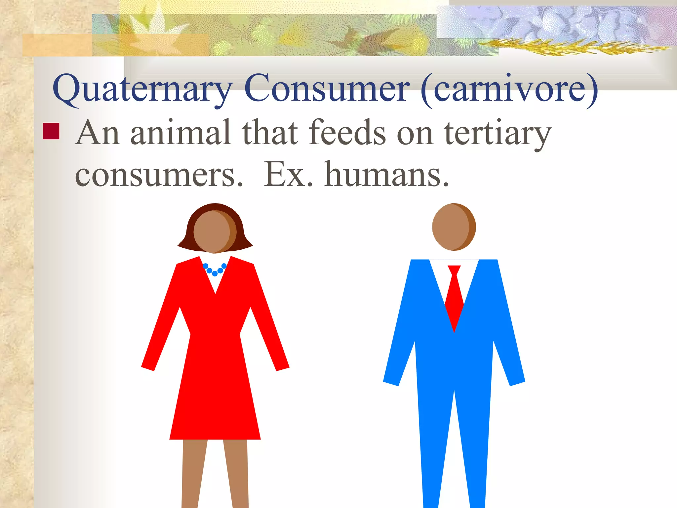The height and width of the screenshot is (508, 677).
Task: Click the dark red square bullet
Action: [51, 131]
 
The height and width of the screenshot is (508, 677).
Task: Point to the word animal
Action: [180, 133]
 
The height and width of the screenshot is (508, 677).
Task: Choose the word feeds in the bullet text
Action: [347, 133]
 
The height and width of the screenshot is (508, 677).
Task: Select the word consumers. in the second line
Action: [159, 174]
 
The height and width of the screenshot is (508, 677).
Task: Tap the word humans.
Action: [387, 174]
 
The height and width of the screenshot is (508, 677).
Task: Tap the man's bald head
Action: [454, 227]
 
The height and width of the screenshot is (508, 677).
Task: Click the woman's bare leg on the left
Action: [193, 473]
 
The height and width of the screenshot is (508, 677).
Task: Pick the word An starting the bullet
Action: [97, 133]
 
